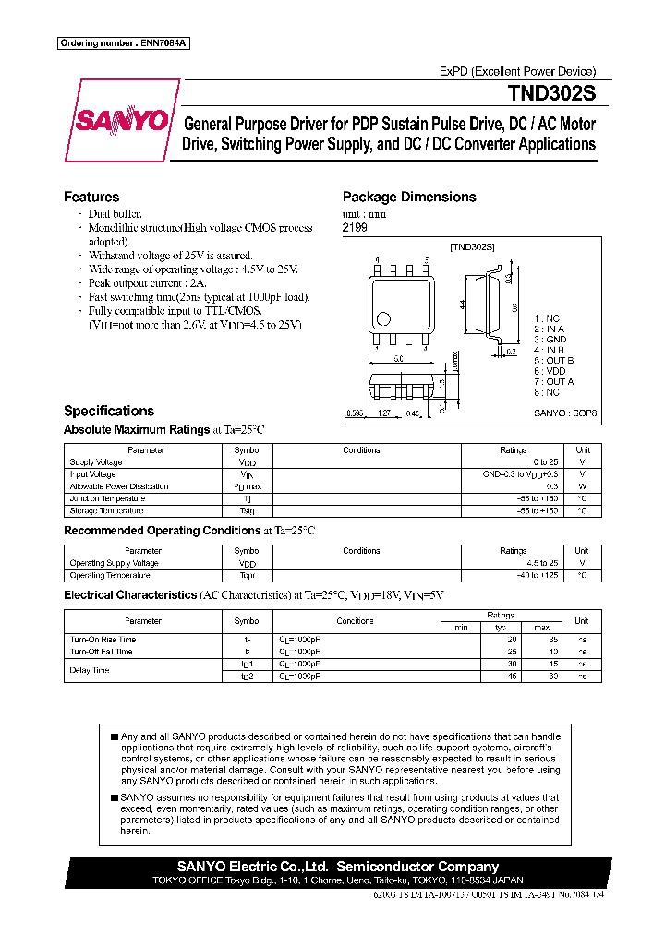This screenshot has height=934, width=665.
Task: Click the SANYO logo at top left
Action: coord(121,122)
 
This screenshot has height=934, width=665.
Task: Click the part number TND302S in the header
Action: coord(550,94)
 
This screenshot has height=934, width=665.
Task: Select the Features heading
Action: coord(91,197)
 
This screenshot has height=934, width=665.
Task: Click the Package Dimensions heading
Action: coord(409,197)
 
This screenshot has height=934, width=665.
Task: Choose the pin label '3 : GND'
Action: coord(550,340)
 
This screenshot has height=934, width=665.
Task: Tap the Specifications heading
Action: coord(108,411)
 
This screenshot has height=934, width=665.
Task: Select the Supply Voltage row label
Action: coord(96,462)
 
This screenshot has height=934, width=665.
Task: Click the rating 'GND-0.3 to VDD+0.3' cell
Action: coord(520,474)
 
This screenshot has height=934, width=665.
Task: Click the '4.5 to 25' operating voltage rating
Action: coord(541,563)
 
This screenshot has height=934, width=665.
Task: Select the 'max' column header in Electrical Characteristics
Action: coord(541,628)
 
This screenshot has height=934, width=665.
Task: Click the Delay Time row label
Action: coord(90,670)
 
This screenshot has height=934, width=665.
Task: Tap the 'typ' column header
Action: coord(502,628)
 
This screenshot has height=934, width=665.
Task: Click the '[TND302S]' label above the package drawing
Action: coord(472,246)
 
